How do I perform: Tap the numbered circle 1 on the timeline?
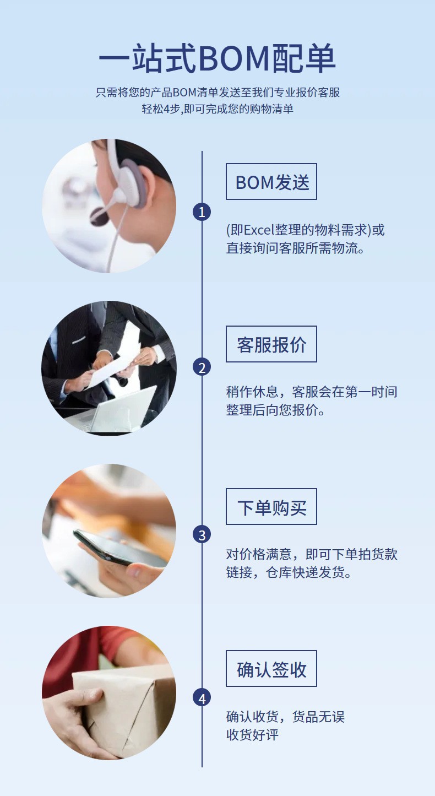click(x=202, y=212)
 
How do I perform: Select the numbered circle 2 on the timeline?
click(x=202, y=367)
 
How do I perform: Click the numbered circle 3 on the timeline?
click(x=202, y=534)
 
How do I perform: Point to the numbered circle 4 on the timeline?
click(x=202, y=698)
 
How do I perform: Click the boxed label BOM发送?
click(x=271, y=182)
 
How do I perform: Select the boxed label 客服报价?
click(x=271, y=344)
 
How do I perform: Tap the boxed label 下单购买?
click(x=271, y=507)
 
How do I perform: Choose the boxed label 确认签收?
click(x=271, y=669)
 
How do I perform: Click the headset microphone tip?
click(x=99, y=215)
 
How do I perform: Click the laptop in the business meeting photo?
click(x=121, y=410)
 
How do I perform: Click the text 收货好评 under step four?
click(x=252, y=735)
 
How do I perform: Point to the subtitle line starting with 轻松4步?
click(x=217, y=109)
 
